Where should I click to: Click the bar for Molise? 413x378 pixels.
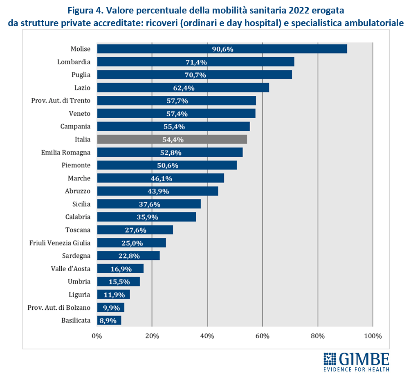coord(222,49)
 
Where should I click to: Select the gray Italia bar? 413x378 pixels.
coord(172,139)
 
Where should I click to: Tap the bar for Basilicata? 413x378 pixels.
coord(109,320)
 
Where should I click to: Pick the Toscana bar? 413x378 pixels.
coord(135,230)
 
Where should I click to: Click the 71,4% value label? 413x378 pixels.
coord(196,62)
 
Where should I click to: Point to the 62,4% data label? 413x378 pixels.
coord(184,88)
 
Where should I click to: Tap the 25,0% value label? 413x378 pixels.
coord(132,243)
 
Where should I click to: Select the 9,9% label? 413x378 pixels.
coord(111,308)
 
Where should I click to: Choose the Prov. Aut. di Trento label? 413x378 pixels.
coord(61,101)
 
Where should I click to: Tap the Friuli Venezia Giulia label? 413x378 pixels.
coord(60,243)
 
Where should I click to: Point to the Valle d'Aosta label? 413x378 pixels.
coord(70,269)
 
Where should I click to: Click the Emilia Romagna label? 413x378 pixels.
coord(65,153)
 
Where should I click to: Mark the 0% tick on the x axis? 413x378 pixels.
coord(97,336)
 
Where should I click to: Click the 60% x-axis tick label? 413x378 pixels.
coord(262,336)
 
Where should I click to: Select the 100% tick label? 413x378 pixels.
coord(373,336)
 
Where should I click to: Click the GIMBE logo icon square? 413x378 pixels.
coord(330,359)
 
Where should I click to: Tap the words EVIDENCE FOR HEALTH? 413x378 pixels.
coord(356,369)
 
